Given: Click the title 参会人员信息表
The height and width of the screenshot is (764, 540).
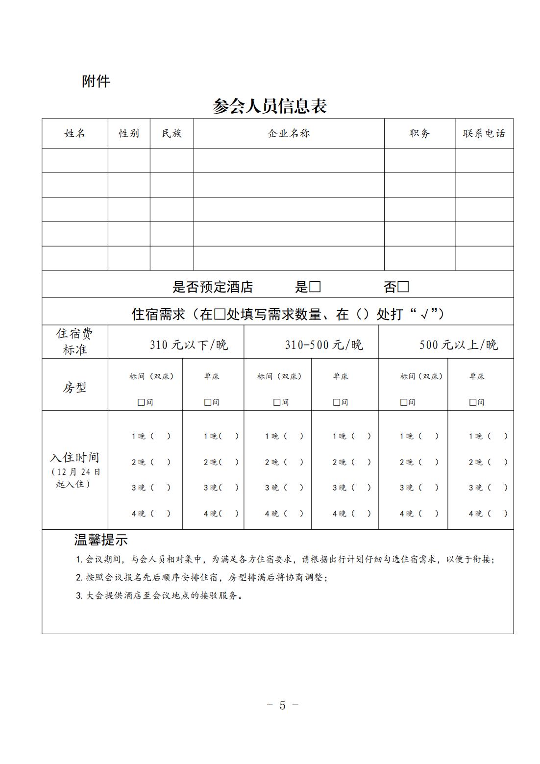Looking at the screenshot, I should point(270,106).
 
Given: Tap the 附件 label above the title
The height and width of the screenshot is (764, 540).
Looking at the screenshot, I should point(96,81).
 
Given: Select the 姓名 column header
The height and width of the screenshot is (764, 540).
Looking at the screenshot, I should point(75,133).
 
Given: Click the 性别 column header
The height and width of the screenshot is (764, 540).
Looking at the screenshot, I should point(129,133).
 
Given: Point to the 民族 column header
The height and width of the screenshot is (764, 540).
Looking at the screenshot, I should point(172,133).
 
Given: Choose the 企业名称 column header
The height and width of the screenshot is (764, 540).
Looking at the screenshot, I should point(289,133).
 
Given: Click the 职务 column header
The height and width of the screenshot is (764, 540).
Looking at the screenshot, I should point(419,133).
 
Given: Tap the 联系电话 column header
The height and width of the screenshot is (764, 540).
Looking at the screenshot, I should point(484,133).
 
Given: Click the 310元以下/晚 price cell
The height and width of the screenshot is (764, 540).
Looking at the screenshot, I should point(189,345).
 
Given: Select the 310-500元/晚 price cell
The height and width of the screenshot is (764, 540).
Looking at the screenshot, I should point(324,345).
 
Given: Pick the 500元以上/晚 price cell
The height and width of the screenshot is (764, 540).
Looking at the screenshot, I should point(458,345).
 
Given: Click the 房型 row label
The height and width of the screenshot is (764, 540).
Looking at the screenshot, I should point(74,388).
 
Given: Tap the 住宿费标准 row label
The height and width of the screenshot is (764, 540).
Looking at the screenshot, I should point(74,342).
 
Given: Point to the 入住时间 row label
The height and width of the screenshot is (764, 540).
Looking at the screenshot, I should point(74,458).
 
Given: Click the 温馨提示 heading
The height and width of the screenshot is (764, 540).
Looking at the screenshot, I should point(101,540).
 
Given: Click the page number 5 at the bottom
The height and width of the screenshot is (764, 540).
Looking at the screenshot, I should point(282,705).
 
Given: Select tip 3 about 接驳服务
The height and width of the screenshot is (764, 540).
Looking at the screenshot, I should point(160,596).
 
